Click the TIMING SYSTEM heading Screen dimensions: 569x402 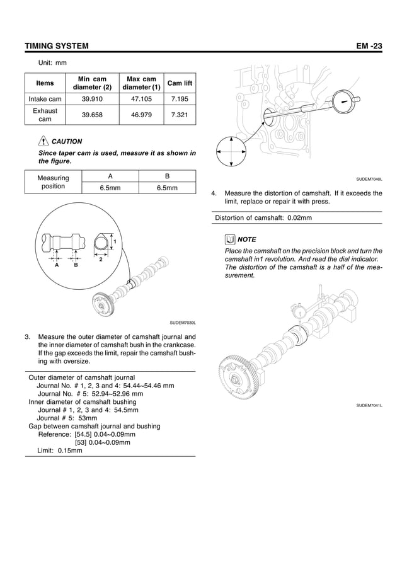(56, 47)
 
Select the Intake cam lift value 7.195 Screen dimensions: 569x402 (180, 98)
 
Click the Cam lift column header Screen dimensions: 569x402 (180, 83)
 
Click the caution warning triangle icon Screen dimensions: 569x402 (43, 142)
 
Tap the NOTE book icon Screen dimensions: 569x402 (230, 239)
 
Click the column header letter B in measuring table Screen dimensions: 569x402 (167, 176)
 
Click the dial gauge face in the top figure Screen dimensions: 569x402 (345, 100)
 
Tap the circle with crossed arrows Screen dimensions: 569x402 (231, 152)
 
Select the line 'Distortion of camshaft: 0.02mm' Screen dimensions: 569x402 (263, 218)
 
